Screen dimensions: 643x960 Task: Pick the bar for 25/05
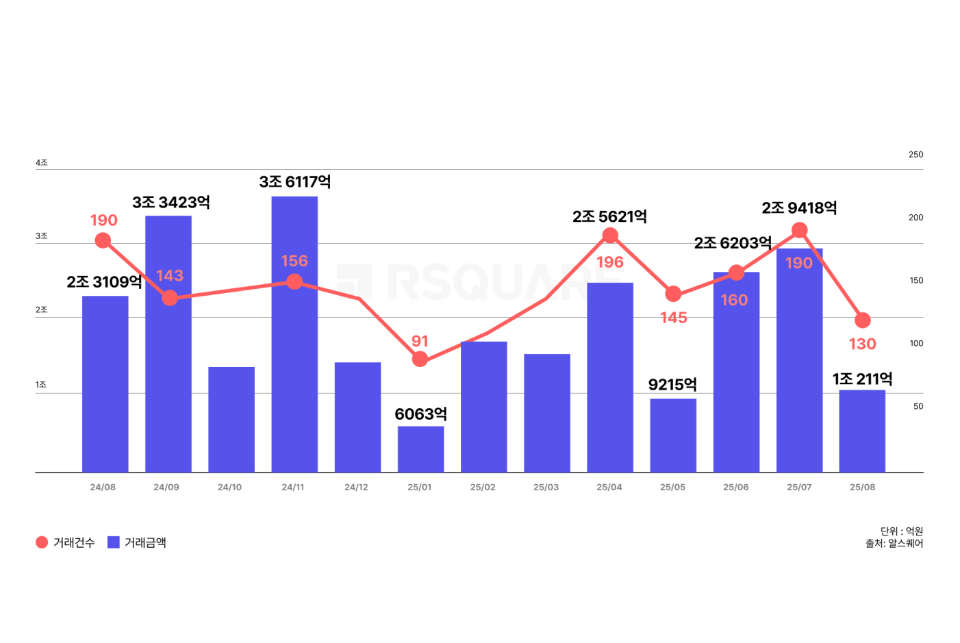tap(673, 436)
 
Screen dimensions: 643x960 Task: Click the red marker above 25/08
tap(863, 320)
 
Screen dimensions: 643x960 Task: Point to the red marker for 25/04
tap(610, 236)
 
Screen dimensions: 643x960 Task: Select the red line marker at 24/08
tap(103, 240)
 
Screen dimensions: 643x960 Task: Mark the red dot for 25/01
tap(420, 359)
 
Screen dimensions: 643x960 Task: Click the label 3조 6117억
tap(295, 181)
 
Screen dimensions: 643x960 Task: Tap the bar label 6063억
tap(420, 414)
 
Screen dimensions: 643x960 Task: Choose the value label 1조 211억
tap(862, 379)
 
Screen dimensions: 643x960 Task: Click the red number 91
tap(420, 341)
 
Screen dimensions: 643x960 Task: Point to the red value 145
tap(673, 318)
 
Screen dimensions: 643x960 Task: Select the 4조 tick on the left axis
tap(42, 163)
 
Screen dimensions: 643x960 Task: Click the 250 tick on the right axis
tap(915, 155)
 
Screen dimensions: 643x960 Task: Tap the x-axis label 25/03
tap(546, 488)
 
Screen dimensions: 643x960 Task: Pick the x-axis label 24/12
tap(356, 488)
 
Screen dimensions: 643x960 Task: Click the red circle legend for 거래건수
tap(42, 542)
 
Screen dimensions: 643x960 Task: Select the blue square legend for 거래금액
tap(114, 542)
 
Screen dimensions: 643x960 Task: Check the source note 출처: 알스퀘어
tap(894, 544)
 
